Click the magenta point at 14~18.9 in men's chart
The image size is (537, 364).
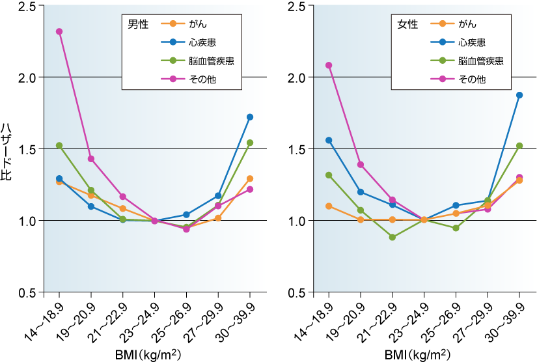59,31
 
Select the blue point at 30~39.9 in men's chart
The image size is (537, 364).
249,117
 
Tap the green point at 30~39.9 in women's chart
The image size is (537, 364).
519,146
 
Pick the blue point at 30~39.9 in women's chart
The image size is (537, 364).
519,95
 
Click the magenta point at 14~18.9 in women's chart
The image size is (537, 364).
329,65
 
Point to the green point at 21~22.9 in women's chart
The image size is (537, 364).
392,237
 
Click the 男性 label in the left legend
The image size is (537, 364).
137,25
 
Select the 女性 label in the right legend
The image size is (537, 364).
408,25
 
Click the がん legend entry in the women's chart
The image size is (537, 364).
467,25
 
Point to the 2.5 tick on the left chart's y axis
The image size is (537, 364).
29,6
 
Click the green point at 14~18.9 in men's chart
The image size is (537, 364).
59,146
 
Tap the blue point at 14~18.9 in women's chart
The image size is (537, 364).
329,140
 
